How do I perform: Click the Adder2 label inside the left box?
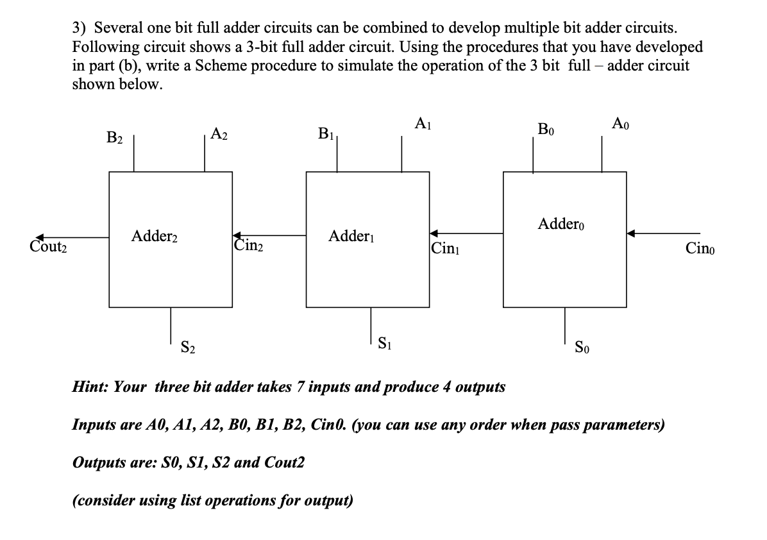coord(155,237)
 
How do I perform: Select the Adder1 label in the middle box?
coord(351,237)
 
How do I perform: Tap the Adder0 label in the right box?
coord(562,225)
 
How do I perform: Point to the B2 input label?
coord(115,137)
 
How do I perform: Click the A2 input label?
coord(219,134)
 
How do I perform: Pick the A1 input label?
coord(423,123)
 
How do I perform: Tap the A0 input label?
coord(621,123)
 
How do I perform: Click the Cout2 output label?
coord(48,247)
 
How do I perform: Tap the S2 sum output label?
coord(188,348)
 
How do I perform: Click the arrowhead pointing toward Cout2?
coord(41,237)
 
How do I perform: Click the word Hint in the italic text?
coord(89,387)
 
